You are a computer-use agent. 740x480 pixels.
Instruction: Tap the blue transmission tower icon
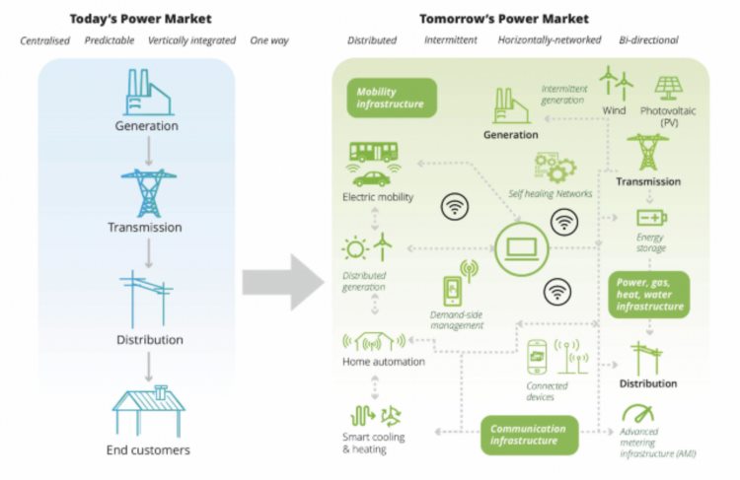point(147,192)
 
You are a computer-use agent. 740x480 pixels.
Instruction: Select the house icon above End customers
point(148,412)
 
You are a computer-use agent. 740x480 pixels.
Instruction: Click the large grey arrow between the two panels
point(283,280)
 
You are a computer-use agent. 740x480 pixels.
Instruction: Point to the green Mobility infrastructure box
point(390,98)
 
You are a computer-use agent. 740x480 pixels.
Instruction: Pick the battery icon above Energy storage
point(651,217)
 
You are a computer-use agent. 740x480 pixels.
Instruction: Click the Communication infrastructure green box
point(529,435)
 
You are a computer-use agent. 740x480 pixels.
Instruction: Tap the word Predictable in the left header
point(110,40)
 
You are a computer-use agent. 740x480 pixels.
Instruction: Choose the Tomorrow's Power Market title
point(504,18)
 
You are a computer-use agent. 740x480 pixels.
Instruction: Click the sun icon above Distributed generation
point(353,248)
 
